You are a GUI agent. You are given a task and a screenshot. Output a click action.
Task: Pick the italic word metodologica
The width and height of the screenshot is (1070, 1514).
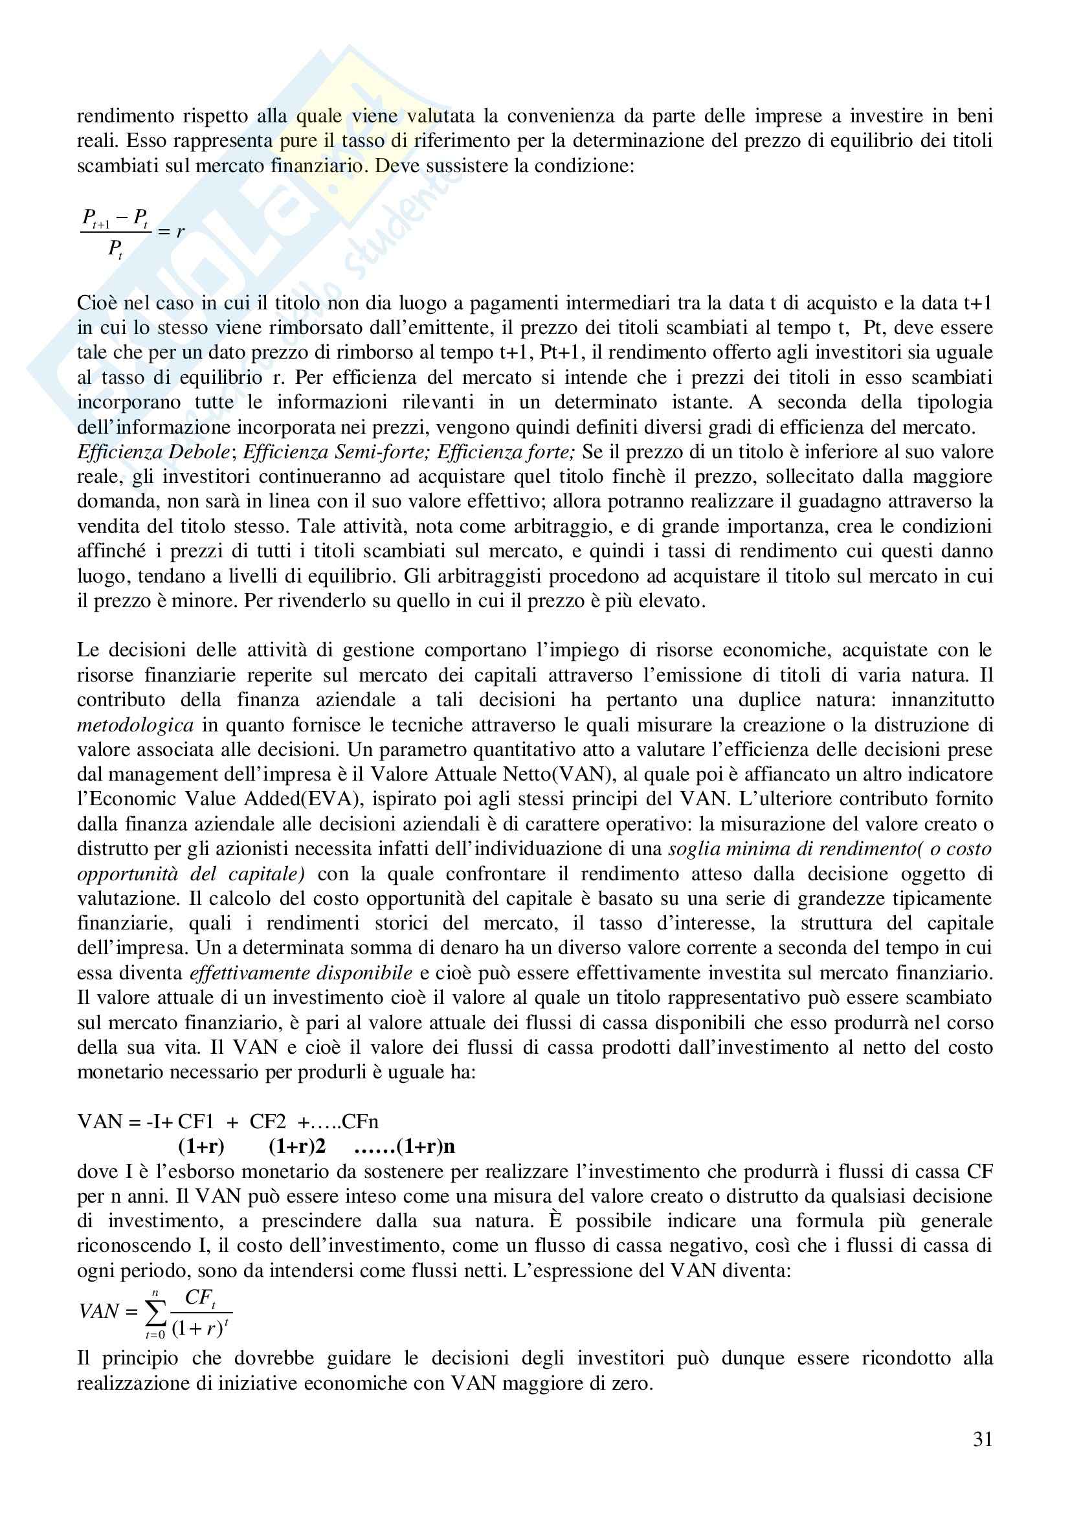click(x=135, y=726)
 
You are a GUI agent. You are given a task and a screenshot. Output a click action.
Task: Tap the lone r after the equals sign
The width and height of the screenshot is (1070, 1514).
click(x=180, y=231)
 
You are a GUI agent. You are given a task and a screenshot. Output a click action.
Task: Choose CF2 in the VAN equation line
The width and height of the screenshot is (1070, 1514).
click(x=267, y=1121)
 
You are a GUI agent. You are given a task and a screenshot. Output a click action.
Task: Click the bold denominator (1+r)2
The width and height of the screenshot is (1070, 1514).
click(x=297, y=1146)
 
